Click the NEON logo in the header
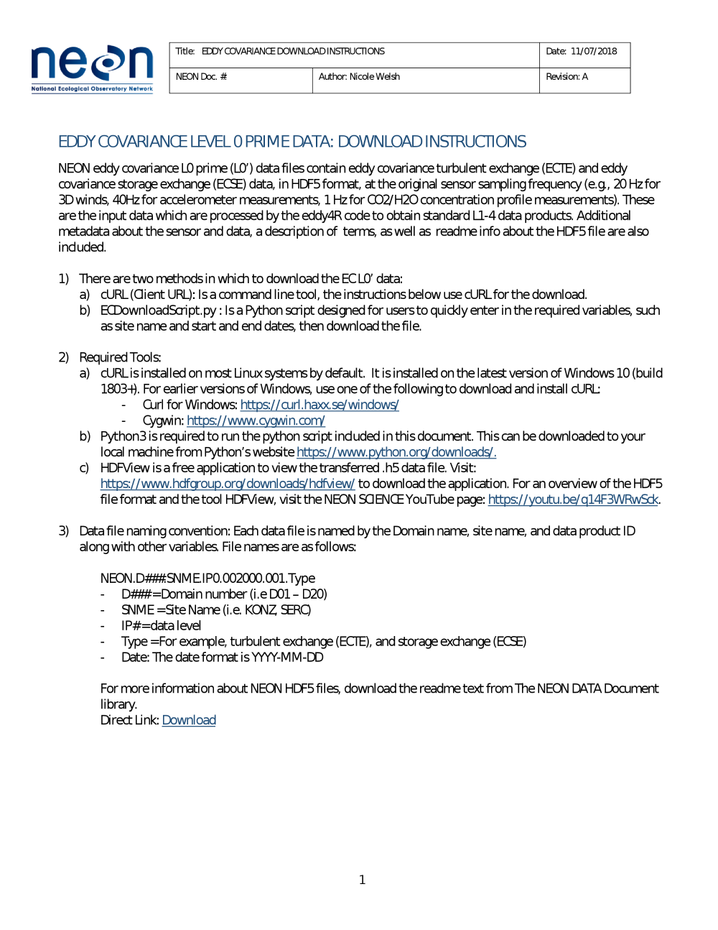[92, 68]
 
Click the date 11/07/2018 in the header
[594, 52]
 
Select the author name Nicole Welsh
[374, 77]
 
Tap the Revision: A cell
[567, 77]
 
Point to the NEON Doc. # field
[201, 77]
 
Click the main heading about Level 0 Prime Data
[292, 142]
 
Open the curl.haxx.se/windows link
[320, 405]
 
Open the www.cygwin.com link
[256, 420]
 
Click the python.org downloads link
[396, 452]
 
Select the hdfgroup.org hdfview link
[228, 484]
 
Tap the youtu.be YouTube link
[573, 499]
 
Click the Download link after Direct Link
[189, 720]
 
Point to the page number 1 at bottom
[362, 880]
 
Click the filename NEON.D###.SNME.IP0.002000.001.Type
[208, 579]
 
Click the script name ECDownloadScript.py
[159, 310]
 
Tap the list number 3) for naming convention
[63, 531]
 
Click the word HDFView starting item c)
[125, 468]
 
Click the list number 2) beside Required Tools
[63, 357]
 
